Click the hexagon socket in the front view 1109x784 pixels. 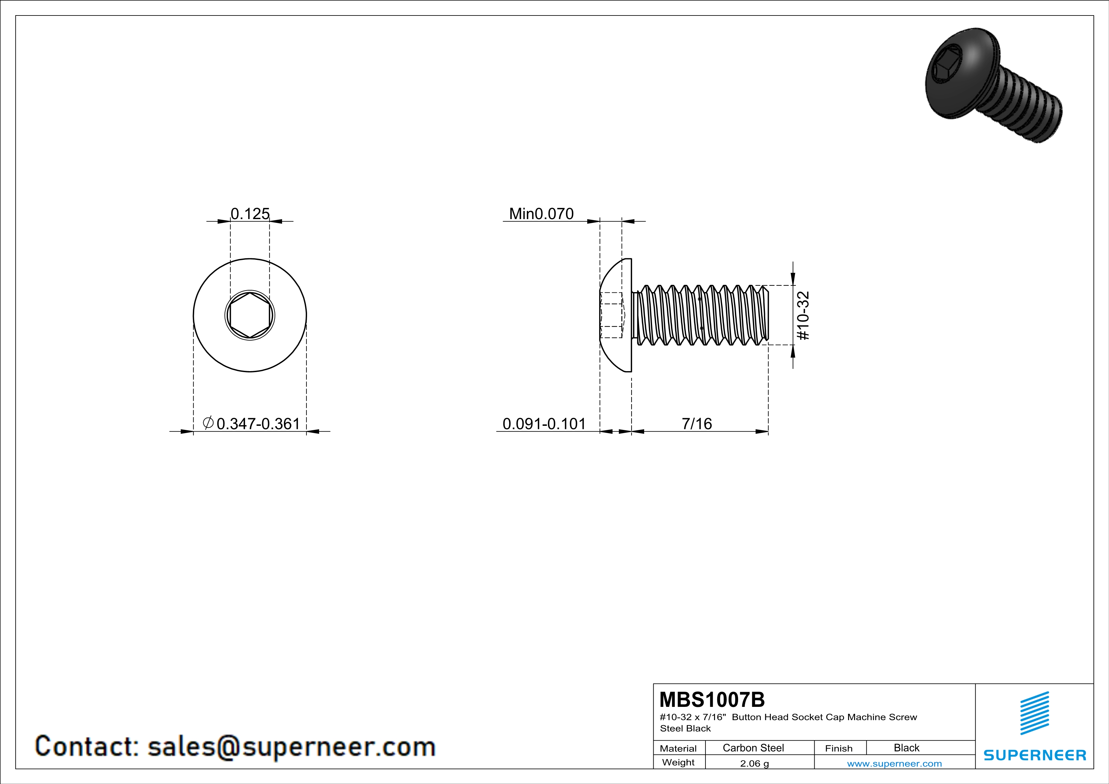tap(250, 316)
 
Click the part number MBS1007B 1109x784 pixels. tap(712, 700)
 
